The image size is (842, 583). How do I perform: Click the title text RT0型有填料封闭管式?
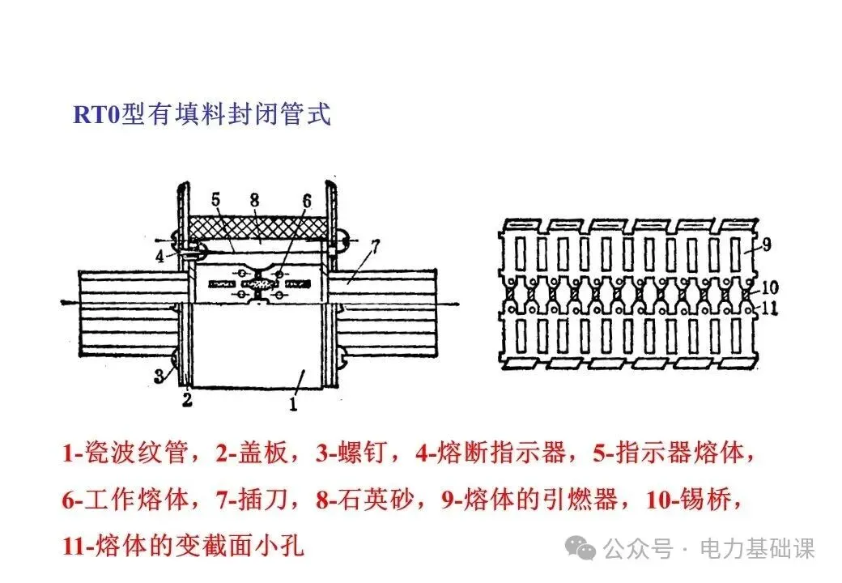(x=202, y=114)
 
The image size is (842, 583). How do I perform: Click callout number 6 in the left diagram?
(x=306, y=200)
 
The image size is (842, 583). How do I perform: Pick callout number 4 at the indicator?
(x=161, y=257)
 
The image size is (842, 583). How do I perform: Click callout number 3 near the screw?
(x=160, y=375)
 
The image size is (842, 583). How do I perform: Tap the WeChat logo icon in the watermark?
(x=580, y=549)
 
